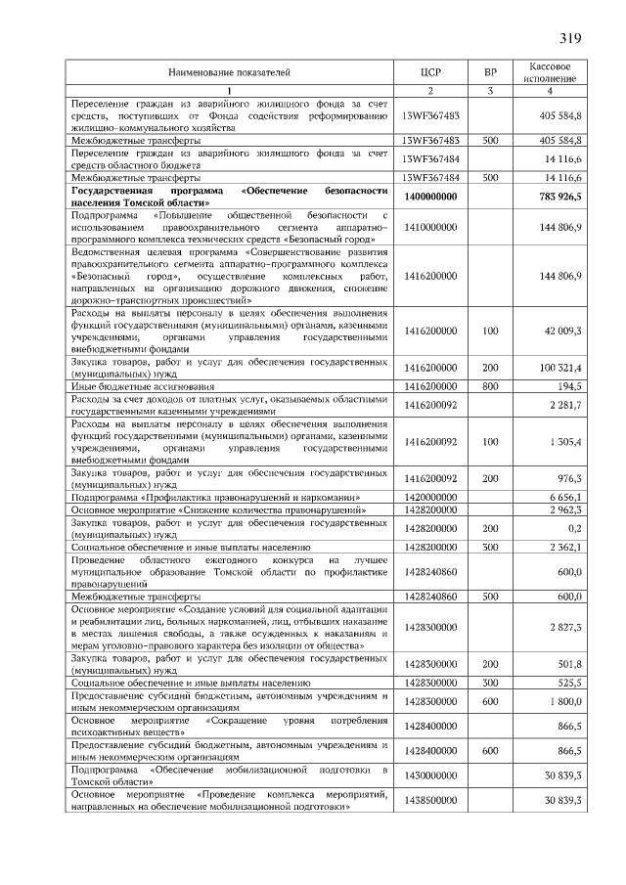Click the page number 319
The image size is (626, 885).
pyautogui.click(x=570, y=39)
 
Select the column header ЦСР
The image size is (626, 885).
pyautogui.click(x=430, y=72)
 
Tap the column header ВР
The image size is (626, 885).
pyautogui.click(x=490, y=72)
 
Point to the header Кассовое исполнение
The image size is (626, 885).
pyautogui.click(x=550, y=72)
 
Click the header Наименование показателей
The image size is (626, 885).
pyautogui.click(x=230, y=72)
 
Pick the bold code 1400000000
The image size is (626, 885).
pyautogui.click(x=430, y=197)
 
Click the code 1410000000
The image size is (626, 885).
pyautogui.click(x=430, y=227)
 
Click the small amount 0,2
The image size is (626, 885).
pyautogui.click(x=575, y=527)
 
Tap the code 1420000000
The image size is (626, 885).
pyautogui.click(x=430, y=497)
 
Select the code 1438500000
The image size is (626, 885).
pyautogui.click(x=430, y=802)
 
